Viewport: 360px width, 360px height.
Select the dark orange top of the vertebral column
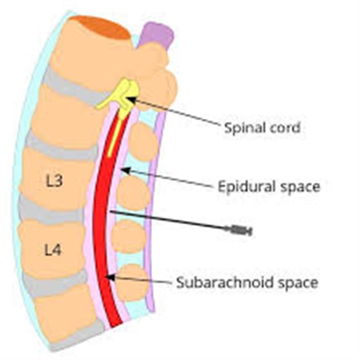[100, 26]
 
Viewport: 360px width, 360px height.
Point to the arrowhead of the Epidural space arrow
[124, 170]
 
